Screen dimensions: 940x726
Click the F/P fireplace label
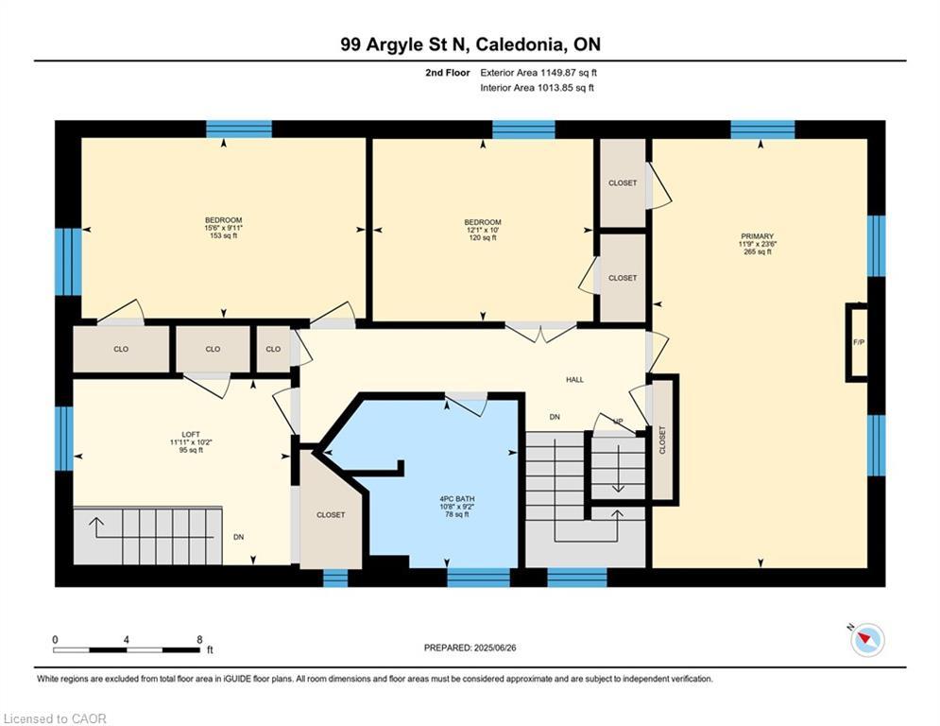[x=859, y=342]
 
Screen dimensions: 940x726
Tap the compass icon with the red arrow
[x=867, y=640]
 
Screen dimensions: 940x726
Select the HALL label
[x=574, y=380]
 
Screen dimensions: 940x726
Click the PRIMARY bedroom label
[x=757, y=236]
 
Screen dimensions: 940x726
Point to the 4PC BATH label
[x=457, y=499]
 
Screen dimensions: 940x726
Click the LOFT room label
[x=191, y=435]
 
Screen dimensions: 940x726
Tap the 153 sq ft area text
[x=224, y=235]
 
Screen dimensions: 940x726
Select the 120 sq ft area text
[x=483, y=238]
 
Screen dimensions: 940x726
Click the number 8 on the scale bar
[x=199, y=640]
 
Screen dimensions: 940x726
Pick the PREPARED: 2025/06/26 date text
[x=470, y=648]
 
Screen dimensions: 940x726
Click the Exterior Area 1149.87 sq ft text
[x=538, y=73]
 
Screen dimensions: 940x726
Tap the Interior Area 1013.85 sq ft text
[x=538, y=88]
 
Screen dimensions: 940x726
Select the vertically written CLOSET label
[x=662, y=440]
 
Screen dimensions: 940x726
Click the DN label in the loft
[x=239, y=537]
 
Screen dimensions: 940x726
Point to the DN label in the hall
[x=555, y=417]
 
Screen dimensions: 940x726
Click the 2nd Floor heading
[x=447, y=73]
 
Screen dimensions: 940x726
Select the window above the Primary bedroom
[x=762, y=130]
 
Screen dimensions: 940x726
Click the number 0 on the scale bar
[x=55, y=640]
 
